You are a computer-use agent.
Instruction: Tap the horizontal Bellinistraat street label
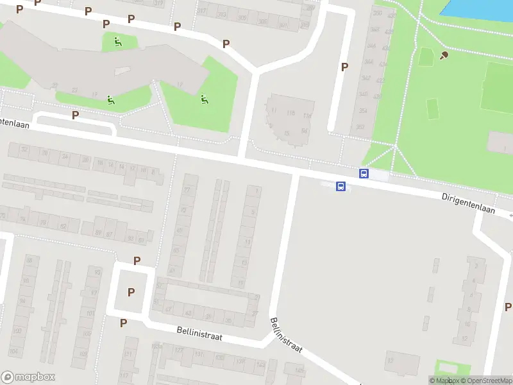click(x=199, y=333)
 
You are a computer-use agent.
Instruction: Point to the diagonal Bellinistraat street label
click(x=285, y=340)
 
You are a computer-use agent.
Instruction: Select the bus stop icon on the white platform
click(x=364, y=173)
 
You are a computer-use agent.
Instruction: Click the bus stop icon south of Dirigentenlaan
click(x=341, y=187)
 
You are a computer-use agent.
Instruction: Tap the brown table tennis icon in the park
click(x=444, y=56)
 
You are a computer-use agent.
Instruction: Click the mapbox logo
click(x=28, y=377)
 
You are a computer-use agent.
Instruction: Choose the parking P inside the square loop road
click(x=131, y=292)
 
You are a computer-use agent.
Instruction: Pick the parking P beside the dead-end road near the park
click(x=344, y=67)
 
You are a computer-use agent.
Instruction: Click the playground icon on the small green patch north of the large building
click(x=117, y=42)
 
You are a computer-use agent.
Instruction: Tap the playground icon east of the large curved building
click(x=205, y=99)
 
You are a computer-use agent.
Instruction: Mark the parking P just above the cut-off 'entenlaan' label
click(x=76, y=115)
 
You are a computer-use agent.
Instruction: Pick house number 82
click(x=63, y=227)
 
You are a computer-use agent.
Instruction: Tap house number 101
click(x=90, y=314)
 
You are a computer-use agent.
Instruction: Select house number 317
click(x=203, y=11)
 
